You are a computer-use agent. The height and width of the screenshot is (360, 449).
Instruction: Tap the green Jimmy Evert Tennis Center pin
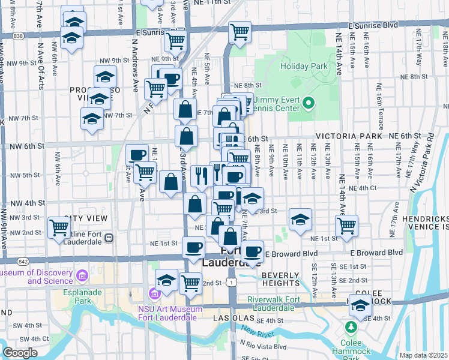click(x=309, y=103)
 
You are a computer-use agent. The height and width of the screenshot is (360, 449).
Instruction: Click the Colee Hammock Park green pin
click(x=351, y=328)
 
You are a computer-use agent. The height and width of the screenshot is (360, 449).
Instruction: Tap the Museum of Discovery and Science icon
click(x=82, y=276)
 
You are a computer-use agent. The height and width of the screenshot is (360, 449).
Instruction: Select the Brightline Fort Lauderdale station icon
click(x=109, y=238)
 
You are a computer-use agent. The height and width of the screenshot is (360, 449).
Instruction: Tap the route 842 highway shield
click(x=23, y=262)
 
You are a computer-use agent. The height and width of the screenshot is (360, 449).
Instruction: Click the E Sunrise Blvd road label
click(x=373, y=26)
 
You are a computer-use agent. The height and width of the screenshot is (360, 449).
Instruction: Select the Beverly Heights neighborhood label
click(x=281, y=279)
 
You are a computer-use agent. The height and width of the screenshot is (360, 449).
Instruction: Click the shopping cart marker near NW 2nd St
click(x=59, y=227)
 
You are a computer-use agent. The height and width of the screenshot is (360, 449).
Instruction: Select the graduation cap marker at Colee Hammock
click(x=360, y=306)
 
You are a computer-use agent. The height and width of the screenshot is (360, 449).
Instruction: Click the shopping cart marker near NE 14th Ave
click(x=346, y=225)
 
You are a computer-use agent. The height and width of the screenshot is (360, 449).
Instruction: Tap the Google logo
click(x=20, y=353)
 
